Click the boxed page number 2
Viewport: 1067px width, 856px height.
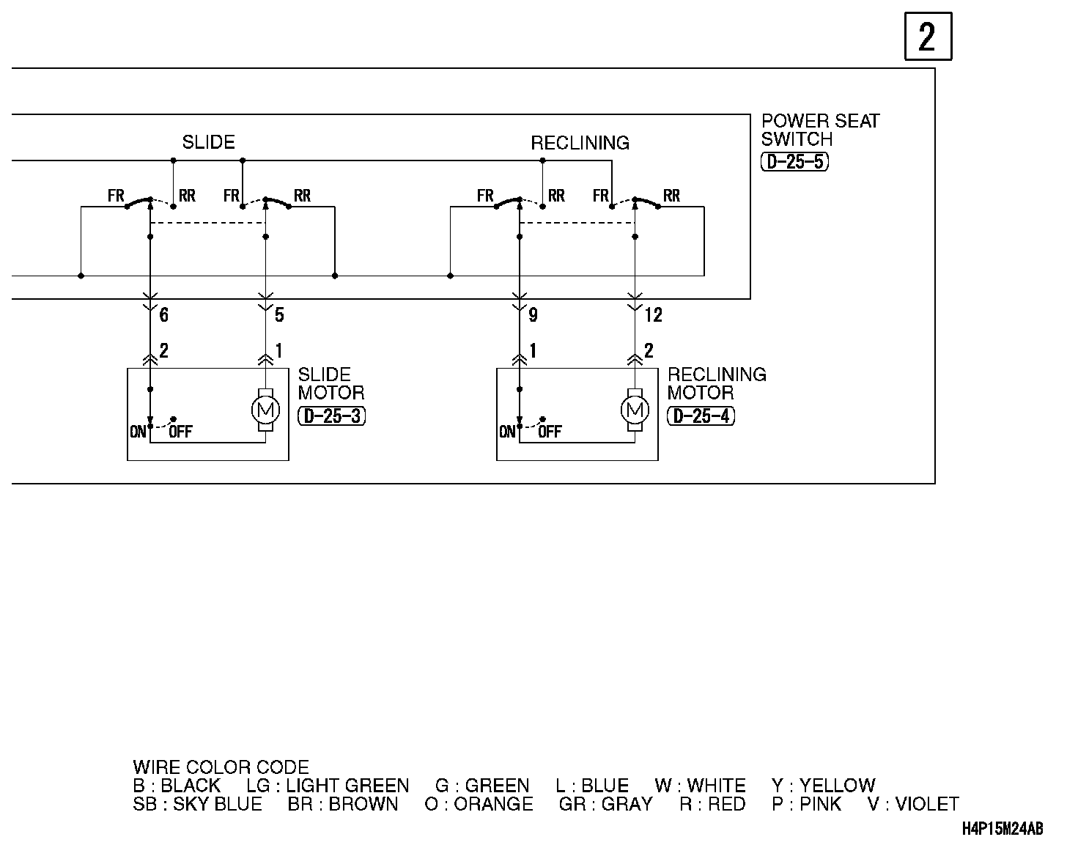(928, 37)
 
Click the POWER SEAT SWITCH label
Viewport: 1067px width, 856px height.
(819, 130)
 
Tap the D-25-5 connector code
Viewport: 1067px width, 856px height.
(795, 162)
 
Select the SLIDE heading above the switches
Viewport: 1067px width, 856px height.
(208, 142)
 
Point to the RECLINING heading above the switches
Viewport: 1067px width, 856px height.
(580, 143)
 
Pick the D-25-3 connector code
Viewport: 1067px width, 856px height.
(332, 416)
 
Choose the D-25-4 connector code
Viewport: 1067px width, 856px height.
(701, 416)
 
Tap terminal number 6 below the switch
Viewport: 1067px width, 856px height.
(163, 315)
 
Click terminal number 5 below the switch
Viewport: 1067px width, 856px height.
(279, 315)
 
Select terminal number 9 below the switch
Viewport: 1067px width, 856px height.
(533, 315)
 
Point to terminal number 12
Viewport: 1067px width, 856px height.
(653, 315)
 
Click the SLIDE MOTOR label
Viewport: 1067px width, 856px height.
(331, 383)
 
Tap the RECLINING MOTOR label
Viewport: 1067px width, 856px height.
(716, 383)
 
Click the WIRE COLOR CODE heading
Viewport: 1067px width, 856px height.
(221, 767)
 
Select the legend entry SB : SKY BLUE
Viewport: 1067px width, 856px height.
(198, 804)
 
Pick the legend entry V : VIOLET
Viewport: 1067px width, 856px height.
(913, 804)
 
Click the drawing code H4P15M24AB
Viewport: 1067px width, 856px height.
(1002, 829)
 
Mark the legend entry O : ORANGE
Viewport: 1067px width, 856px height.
(479, 804)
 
